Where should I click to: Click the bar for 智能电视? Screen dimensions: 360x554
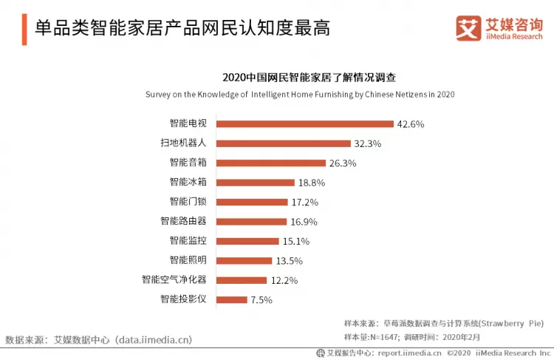[x=304, y=124]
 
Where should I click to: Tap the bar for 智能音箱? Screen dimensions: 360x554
[x=271, y=163]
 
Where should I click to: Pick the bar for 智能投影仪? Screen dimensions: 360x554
[x=232, y=299]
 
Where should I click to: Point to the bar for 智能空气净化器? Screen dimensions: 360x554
[x=242, y=280]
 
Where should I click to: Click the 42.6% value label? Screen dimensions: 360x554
[x=411, y=124]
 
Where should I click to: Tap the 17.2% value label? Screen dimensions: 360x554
[x=304, y=202]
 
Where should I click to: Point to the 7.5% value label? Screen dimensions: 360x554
[x=262, y=299]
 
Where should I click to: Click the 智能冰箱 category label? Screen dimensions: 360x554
[x=187, y=183]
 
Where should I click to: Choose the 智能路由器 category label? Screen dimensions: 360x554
[x=182, y=221]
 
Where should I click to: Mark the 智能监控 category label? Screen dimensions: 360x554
[x=187, y=241]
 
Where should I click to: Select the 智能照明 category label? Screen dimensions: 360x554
[x=187, y=260]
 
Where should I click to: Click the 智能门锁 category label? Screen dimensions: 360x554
[x=187, y=202]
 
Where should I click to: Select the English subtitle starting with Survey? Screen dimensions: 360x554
[x=299, y=95]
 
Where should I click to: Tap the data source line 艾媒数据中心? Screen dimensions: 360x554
[x=99, y=339]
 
